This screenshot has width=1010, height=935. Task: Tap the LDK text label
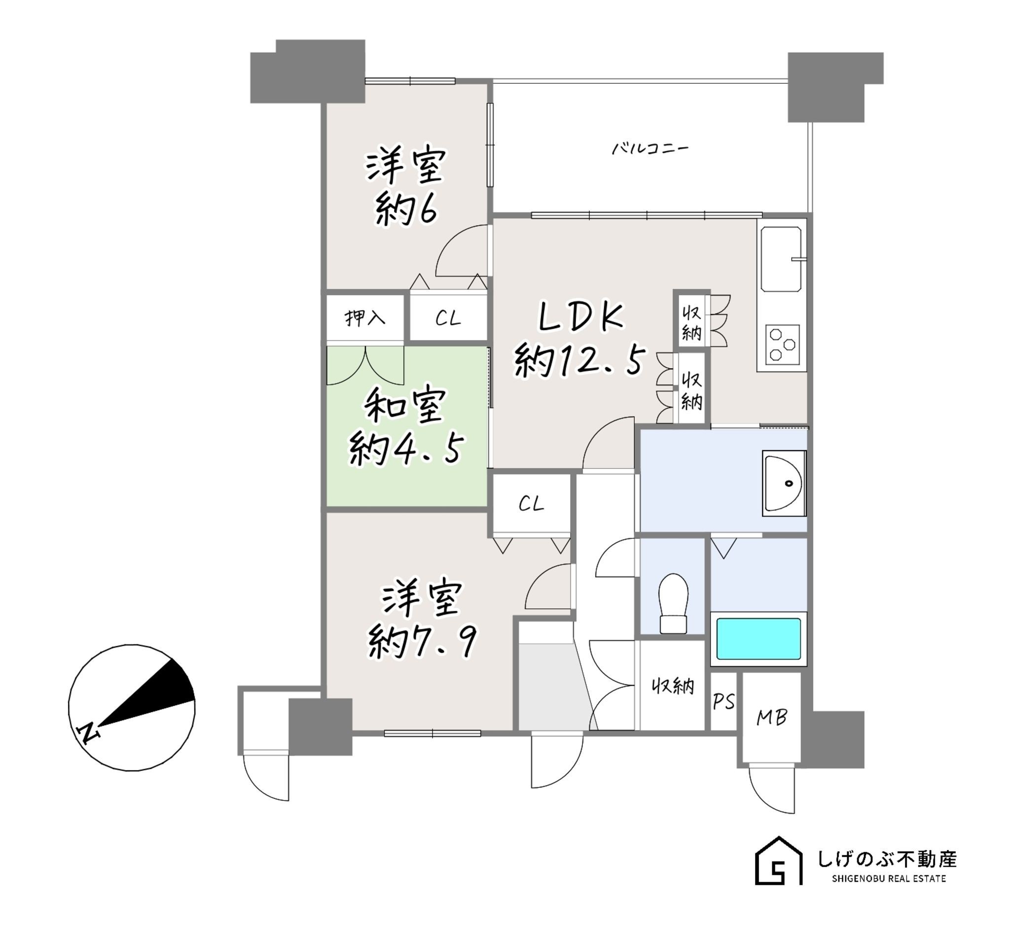pos(580,317)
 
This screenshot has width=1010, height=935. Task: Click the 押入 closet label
pos(364,318)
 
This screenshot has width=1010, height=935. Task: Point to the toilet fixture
pos(673,603)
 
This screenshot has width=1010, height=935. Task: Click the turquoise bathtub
pos(758,638)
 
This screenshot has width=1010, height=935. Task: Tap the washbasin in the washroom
pos(783,483)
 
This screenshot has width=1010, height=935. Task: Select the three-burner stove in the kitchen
pos(782,344)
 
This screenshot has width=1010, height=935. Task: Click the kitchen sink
pos(781,259)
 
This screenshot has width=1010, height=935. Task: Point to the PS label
pos(723,702)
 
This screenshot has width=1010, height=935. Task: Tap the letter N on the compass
pos(88,733)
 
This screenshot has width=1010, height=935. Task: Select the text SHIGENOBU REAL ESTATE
pos(889,879)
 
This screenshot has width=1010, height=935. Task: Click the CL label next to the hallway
pos(531,503)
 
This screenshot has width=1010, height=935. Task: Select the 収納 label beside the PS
pos(673,687)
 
